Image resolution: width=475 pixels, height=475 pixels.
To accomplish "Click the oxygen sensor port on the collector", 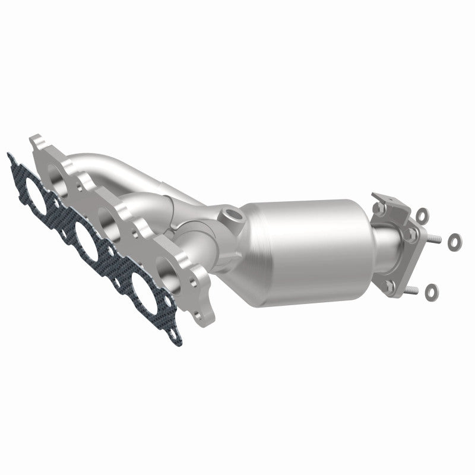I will click(231, 212).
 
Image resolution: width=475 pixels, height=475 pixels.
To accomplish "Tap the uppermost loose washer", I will click(421, 212).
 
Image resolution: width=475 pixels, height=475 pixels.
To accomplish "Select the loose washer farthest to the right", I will click(454, 240).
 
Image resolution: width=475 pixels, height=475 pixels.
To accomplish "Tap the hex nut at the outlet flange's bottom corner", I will click(389, 285).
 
